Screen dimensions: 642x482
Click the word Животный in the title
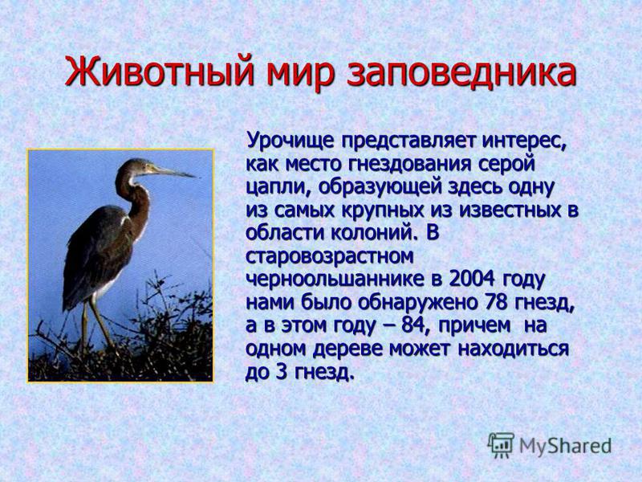click(156, 72)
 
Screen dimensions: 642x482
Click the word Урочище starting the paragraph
click(291, 141)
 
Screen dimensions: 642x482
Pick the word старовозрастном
click(330, 257)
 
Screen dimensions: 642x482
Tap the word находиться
click(513, 349)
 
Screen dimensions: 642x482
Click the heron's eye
click(144, 165)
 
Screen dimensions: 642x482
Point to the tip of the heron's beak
click(194, 177)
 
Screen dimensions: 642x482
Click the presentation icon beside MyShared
click(500, 445)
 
